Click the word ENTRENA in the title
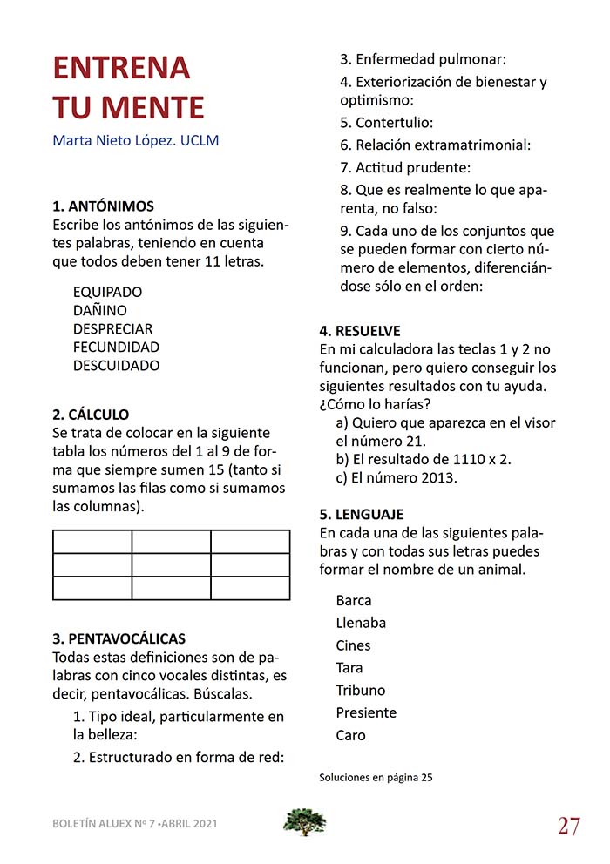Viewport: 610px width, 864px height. pyautogui.click(x=121, y=68)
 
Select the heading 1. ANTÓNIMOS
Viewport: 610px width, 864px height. pyautogui.click(x=104, y=206)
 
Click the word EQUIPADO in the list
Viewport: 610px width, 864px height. pyautogui.click(x=107, y=292)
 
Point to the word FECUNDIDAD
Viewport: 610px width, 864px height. pyautogui.click(x=116, y=347)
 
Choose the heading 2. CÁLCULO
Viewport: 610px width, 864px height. pyautogui.click(x=91, y=415)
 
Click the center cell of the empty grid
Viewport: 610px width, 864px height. pyautogui.click(x=171, y=564)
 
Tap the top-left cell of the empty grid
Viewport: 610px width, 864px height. pyautogui.click(x=92, y=541)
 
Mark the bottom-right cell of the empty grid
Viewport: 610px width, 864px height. pyautogui.click(x=250, y=588)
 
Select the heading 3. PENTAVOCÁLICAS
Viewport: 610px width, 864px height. pyautogui.click(x=119, y=638)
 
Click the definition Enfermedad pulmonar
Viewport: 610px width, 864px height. pyautogui.click(x=423, y=60)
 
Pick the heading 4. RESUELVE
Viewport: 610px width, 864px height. pyautogui.click(x=360, y=331)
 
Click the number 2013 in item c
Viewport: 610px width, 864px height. pyautogui.click(x=438, y=477)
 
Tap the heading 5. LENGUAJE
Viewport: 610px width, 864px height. pyautogui.click(x=361, y=514)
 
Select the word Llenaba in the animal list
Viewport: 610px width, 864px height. pyautogui.click(x=361, y=623)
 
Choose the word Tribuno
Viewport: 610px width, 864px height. pyautogui.click(x=360, y=690)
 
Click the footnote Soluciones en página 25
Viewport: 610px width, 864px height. pyautogui.click(x=376, y=778)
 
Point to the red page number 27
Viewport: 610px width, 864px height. pyautogui.click(x=569, y=826)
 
